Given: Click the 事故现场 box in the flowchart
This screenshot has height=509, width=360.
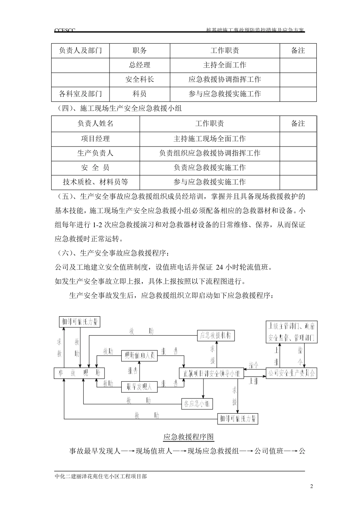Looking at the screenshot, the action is coord(79,373).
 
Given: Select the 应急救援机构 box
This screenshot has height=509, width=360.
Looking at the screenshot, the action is coord(216,335).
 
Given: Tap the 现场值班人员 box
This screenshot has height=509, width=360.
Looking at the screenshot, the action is coord(139,356).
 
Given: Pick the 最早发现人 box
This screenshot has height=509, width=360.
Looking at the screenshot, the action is coord(139,387).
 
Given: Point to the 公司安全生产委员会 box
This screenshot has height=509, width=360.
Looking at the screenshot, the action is coord(291,373).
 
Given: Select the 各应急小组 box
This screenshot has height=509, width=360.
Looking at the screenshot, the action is coord(197,404).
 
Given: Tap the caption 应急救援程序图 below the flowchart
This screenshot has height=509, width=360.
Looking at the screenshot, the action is coord(188,437).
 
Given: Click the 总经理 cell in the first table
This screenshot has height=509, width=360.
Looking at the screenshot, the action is coord(139,65).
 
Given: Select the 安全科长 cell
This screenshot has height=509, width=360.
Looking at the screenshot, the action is coord(139,80).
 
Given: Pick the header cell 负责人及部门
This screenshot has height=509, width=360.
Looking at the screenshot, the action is coord(80,51).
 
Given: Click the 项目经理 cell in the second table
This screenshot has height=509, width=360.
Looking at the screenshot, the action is coord(95,139).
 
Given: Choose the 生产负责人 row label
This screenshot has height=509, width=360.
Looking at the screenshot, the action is coord(95,153).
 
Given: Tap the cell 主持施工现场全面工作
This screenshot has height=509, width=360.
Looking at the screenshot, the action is coord(210,139).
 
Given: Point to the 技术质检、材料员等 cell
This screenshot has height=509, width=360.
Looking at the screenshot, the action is coord(95,182).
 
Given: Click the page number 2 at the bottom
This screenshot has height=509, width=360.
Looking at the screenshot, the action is coord(311,487).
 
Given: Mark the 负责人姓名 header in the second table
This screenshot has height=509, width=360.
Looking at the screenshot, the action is coord(95,124).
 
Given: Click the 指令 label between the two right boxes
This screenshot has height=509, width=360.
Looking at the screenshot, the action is coord(254,365).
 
